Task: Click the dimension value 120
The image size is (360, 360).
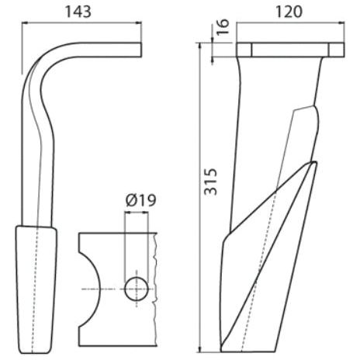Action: (x=289, y=12)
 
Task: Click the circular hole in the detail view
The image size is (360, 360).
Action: (x=136, y=289)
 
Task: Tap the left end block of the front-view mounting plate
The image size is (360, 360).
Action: (x=244, y=50)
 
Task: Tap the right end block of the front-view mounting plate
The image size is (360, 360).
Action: (x=334, y=50)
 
